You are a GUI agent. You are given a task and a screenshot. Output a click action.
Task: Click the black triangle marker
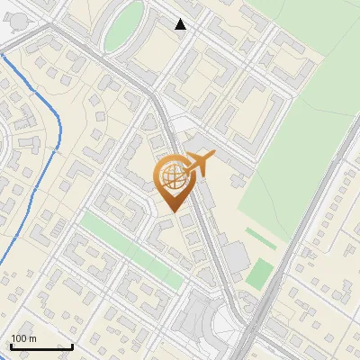coord(181,24)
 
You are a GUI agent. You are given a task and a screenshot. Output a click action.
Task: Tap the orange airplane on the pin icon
coord(199,164)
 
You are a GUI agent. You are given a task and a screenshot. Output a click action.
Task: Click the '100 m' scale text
coord(23,338)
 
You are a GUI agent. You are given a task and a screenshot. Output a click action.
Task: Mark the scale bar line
coord(41,346)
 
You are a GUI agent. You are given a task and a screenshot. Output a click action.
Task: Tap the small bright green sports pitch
coord(259,274)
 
